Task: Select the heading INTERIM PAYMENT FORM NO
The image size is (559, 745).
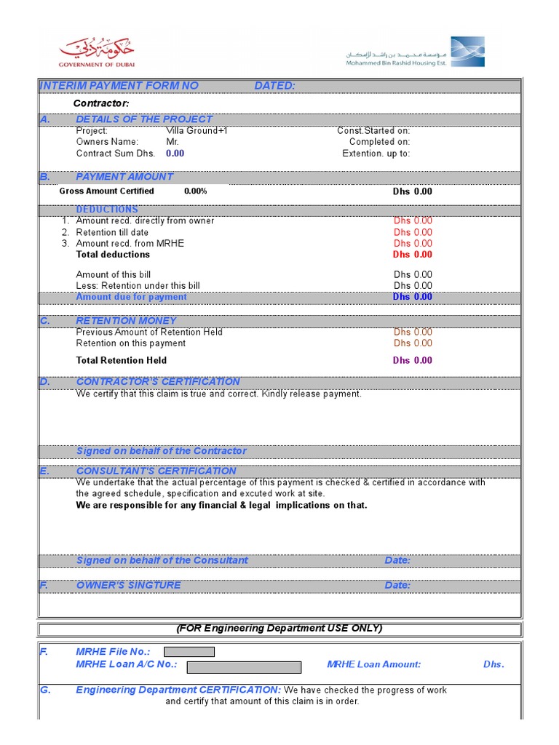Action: click(119, 86)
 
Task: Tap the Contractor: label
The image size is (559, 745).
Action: click(101, 103)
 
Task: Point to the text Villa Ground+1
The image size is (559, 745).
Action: click(197, 131)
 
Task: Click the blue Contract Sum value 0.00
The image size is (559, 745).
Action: click(175, 154)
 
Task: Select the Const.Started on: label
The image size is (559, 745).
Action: click(373, 131)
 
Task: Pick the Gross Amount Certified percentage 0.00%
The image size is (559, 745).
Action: click(195, 191)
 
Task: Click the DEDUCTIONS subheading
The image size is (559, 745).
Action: click(107, 210)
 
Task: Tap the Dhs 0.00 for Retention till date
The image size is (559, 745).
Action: click(413, 232)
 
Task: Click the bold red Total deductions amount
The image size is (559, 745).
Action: click(412, 255)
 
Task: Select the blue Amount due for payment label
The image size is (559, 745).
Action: click(131, 297)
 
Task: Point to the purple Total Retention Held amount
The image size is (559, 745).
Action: click(412, 361)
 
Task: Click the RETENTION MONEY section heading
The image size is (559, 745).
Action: click(126, 321)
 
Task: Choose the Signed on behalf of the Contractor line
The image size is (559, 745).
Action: click(161, 451)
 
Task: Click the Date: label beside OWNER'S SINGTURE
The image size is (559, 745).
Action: click(397, 586)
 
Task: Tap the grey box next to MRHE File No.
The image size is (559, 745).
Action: click(189, 652)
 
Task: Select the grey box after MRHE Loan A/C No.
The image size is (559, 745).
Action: click(244, 667)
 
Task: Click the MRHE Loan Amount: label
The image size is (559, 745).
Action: click(373, 664)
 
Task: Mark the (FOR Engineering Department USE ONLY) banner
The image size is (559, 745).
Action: click(279, 629)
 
